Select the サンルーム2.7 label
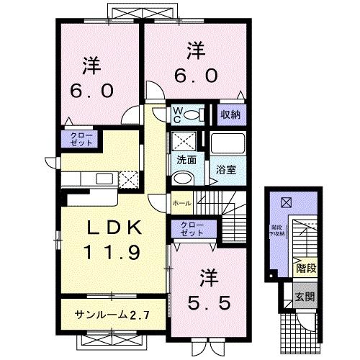[111, 314]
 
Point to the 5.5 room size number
[210, 303]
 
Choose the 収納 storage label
[231, 114]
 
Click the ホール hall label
[181, 204]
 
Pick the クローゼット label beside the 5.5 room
[192, 230]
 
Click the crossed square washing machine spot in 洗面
[184, 140]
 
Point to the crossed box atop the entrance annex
[287, 203]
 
